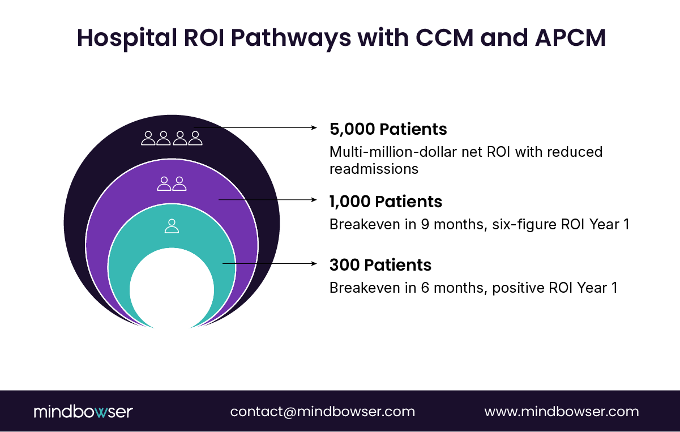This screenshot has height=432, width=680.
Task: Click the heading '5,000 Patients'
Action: click(388, 129)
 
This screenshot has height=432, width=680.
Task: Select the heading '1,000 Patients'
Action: click(386, 202)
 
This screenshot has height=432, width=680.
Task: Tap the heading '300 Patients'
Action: click(380, 265)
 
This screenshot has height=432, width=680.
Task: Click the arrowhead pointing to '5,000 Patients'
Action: click(314, 128)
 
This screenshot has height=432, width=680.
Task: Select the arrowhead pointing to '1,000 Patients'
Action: click(314, 199)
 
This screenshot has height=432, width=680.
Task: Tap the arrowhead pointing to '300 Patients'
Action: click(314, 263)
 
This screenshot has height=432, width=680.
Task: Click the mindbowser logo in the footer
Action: click(83, 412)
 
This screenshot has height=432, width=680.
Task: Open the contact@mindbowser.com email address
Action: click(322, 412)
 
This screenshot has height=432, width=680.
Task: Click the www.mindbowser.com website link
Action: click(562, 412)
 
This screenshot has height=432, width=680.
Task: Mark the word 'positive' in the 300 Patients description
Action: click(518, 288)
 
